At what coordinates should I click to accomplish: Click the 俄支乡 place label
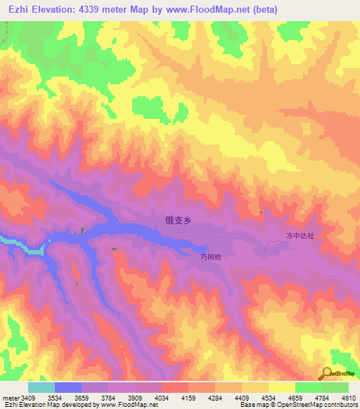coord(178,220)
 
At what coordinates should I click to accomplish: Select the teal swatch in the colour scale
coord(41,387)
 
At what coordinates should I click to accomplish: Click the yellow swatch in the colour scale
coord(281,387)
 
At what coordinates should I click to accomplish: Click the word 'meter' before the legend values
coord(11,398)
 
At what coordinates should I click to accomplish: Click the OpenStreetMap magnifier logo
coord(328,372)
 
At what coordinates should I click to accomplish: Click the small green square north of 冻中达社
coord(262,212)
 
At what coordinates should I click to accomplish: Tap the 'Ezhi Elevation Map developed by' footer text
coord(50,405)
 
